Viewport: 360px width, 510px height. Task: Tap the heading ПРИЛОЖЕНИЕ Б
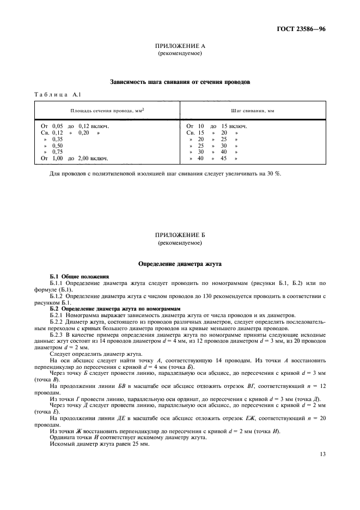pyautogui.click(x=179, y=235)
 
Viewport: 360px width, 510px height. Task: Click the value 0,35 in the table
pyautogui.click(x=58, y=139)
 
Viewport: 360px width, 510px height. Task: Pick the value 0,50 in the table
pyautogui.click(x=58, y=145)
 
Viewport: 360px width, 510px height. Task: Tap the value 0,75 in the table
pyautogui.click(x=58, y=152)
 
